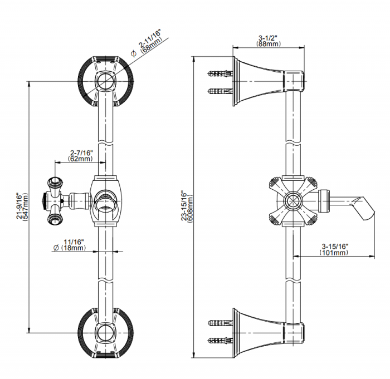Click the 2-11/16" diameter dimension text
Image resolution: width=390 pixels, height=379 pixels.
tap(150, 38)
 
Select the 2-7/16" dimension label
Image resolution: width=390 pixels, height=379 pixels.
tap(81, 152)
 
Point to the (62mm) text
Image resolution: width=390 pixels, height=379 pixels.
tap(81, 159)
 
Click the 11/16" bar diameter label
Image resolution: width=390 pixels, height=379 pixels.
tap(74, 242)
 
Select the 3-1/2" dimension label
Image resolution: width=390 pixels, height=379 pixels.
tap(268, 37)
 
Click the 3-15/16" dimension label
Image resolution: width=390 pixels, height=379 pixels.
tap(334, 246)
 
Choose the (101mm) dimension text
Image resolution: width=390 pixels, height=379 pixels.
tap(334, 253)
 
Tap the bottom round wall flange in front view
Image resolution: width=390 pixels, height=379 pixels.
tap(105, 333)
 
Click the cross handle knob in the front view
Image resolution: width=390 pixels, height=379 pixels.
tap(53, 199)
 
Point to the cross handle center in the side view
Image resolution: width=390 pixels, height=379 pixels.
tap(292, 200)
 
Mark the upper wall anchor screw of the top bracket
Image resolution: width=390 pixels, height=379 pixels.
tap(219, 73)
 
